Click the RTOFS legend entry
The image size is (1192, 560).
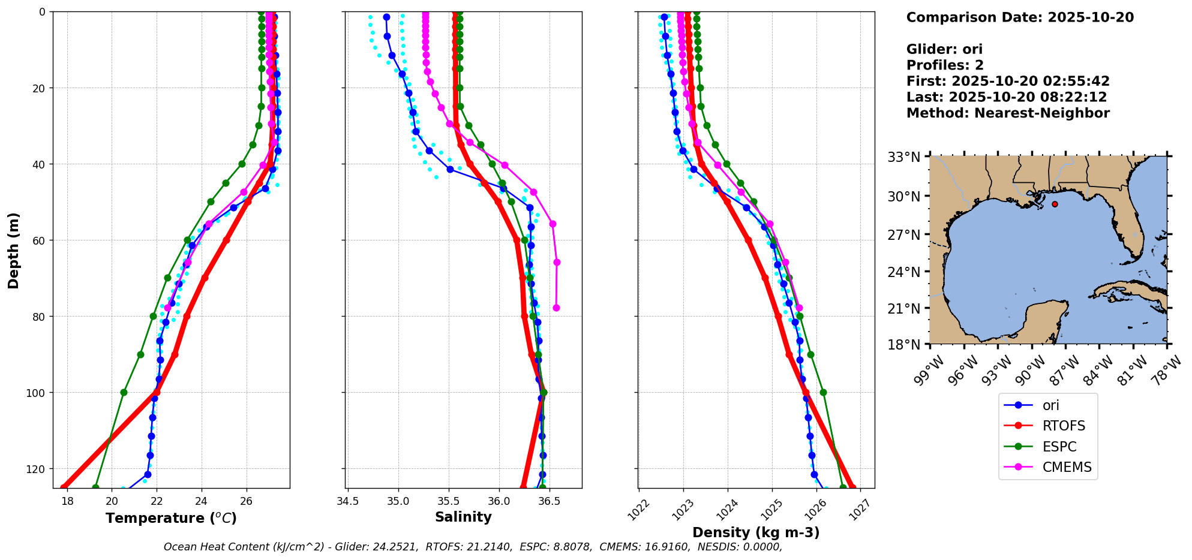(x=1064, y=426)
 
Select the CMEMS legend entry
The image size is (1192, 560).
(x=1067, y=467)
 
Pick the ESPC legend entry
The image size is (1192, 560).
(x=1059, y=447)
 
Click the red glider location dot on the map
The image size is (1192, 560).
(x=1055, y=204)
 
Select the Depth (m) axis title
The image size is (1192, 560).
(x=13, y=250)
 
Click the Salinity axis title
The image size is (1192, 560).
(x=463, y=517)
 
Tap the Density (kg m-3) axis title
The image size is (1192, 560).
(x=756, y=532)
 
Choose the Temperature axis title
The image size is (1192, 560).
(x=171, y=518)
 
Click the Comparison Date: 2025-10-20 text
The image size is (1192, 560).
(x=1020, y=17)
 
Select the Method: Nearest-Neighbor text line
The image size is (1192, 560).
(x=1008, y=113)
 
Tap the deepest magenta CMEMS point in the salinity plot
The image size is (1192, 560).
(x=556, y=308)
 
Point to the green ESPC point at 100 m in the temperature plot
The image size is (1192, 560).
(x=124, y=393)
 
